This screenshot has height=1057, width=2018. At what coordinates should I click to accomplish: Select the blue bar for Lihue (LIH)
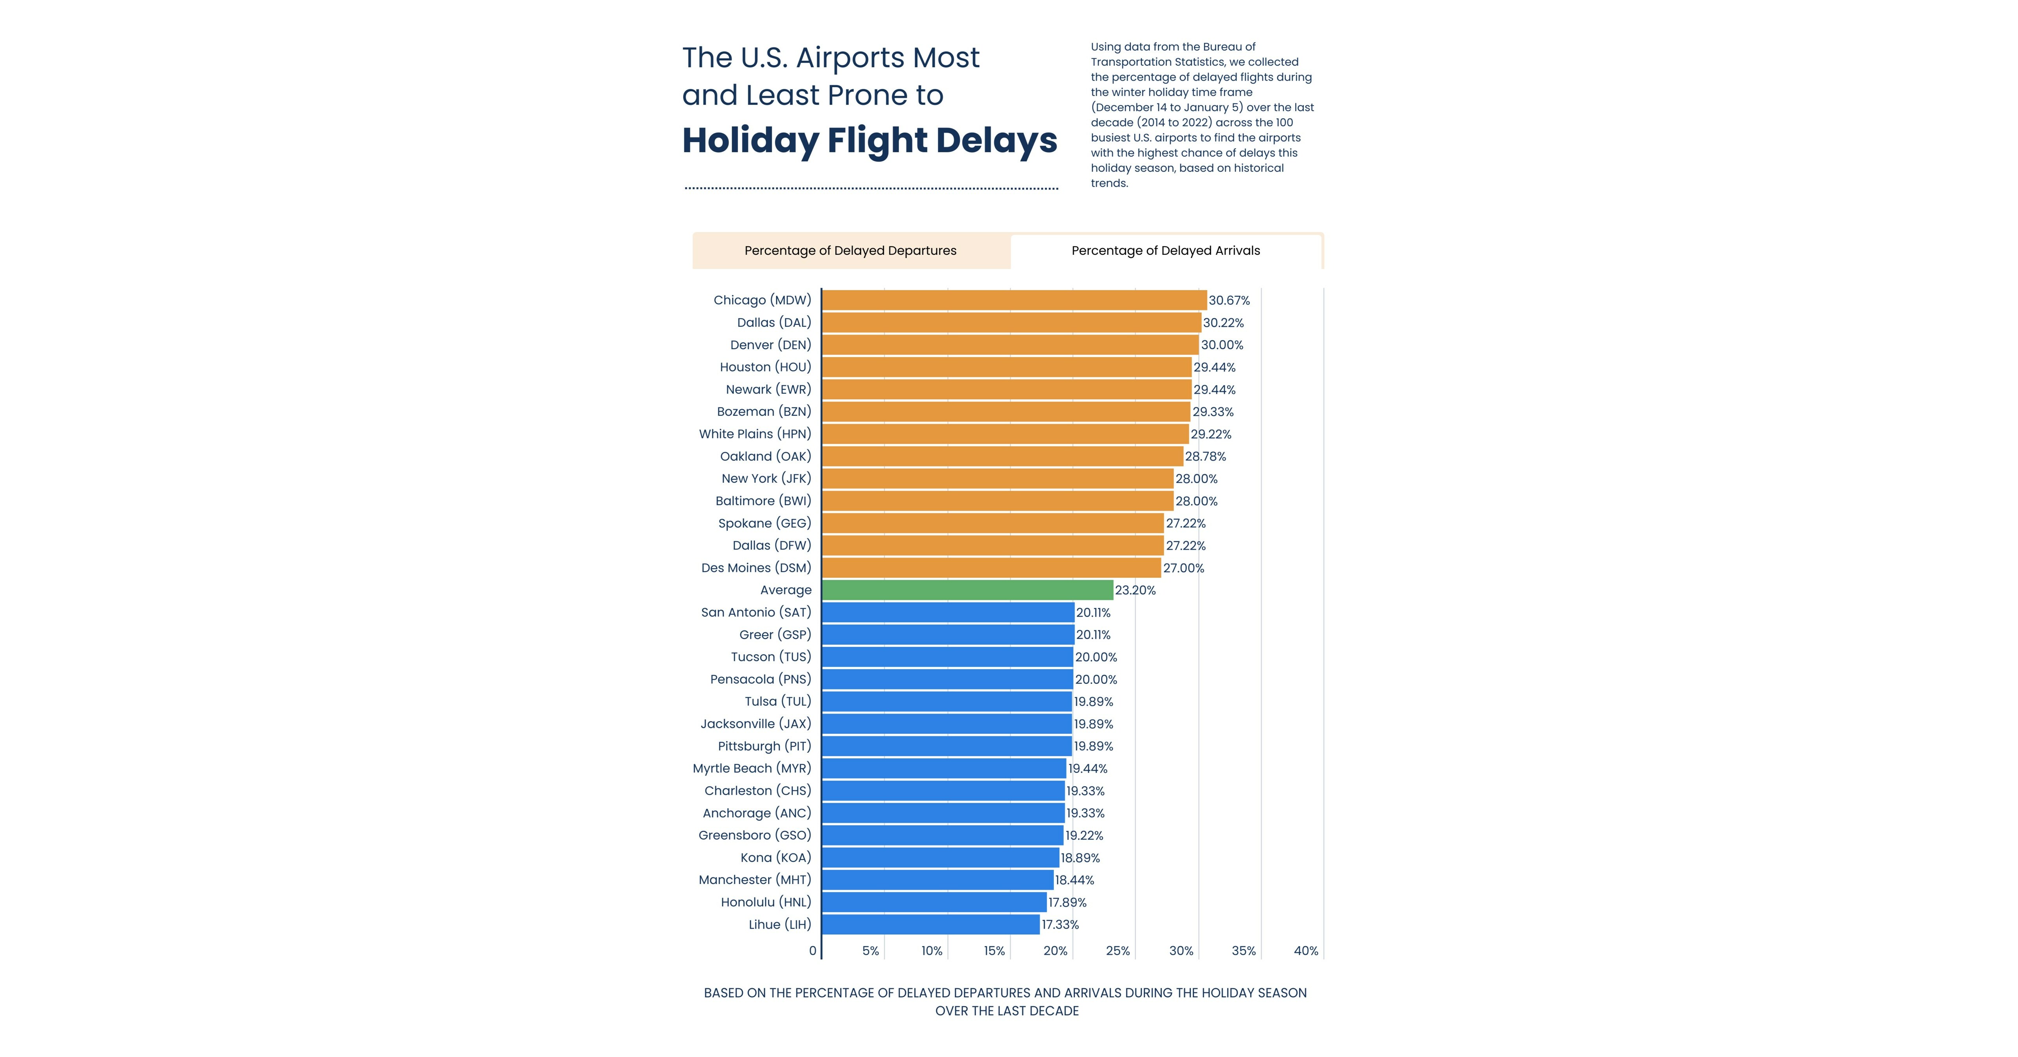click(x=931, y=925)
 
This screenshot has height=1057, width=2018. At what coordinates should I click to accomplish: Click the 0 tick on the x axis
click(x=812, y=951)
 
